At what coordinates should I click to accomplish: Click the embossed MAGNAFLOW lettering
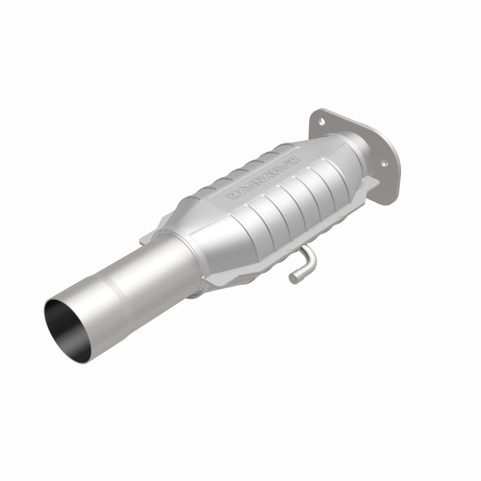(x=263, y=178)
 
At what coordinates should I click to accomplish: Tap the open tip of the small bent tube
(x=293, y=278)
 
